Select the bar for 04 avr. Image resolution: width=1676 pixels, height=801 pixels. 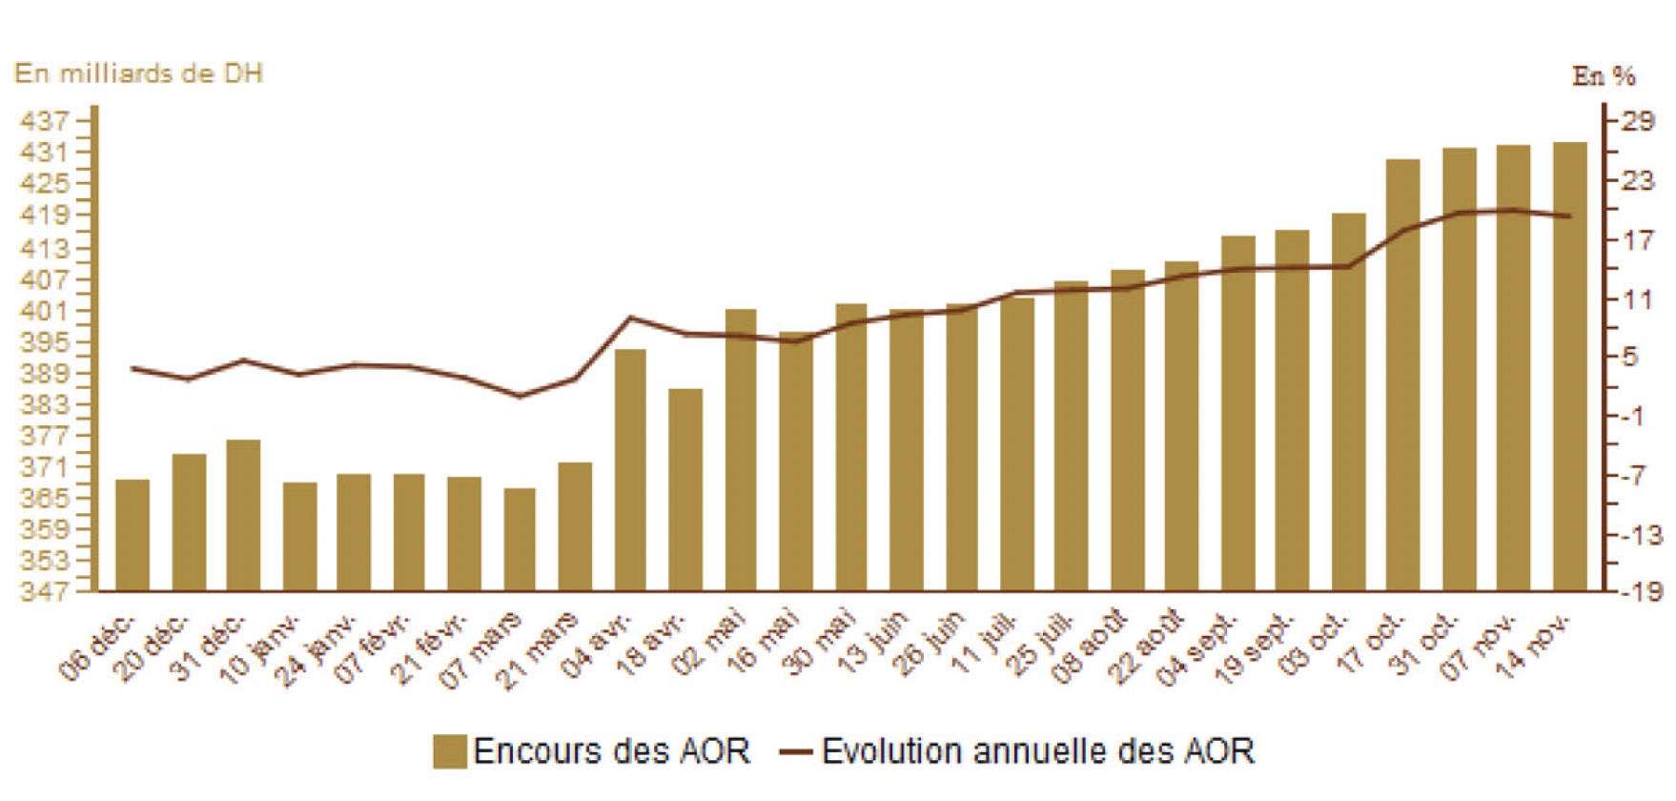[x=629, y=469]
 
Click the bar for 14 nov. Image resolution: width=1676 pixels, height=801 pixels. [x=1569, y=366]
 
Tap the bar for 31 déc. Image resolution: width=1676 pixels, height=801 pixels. [x=243, y=515]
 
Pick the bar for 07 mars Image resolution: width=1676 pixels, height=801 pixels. [x=520, y=539]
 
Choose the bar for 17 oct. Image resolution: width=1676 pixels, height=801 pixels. [x=1402, y=375]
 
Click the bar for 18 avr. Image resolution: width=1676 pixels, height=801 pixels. [x=685, y=489]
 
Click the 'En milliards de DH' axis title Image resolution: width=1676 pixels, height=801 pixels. [x=138, y=73]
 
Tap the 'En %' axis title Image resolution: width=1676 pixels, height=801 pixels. [x=1604, y=76]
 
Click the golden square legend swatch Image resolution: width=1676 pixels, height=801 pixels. [x=449, y=751]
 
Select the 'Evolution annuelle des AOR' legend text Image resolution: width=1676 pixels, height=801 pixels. [x=1037, y=751]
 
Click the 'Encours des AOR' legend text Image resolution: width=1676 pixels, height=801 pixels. [x=611, y=751]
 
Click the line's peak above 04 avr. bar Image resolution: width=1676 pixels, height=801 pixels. [x=630, y=318]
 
